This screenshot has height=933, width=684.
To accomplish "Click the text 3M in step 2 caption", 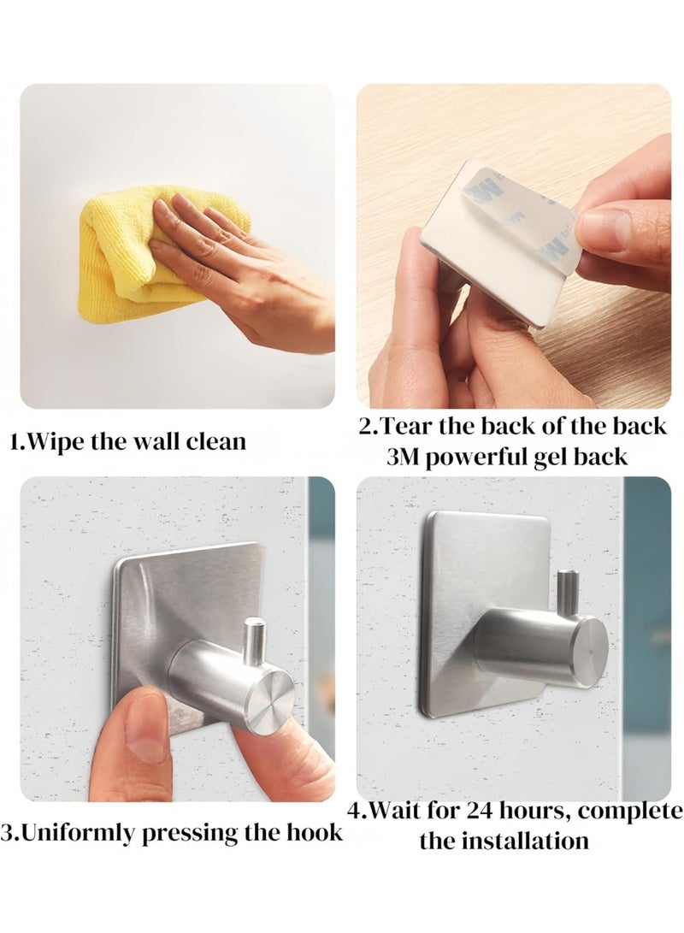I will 403,456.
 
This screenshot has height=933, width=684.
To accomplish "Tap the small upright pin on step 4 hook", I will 565,587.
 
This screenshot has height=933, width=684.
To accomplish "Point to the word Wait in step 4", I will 393,810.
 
